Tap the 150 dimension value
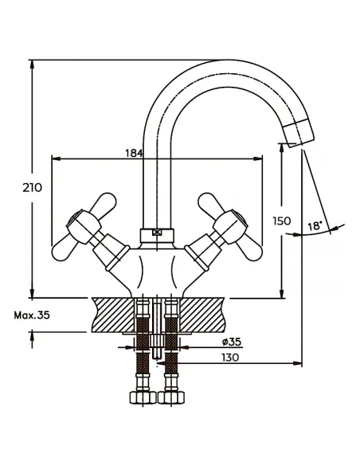[281, 221]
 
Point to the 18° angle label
[315, 227]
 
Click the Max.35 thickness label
[32, 315]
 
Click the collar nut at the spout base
[156, 235]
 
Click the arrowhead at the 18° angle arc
[338, 229]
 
